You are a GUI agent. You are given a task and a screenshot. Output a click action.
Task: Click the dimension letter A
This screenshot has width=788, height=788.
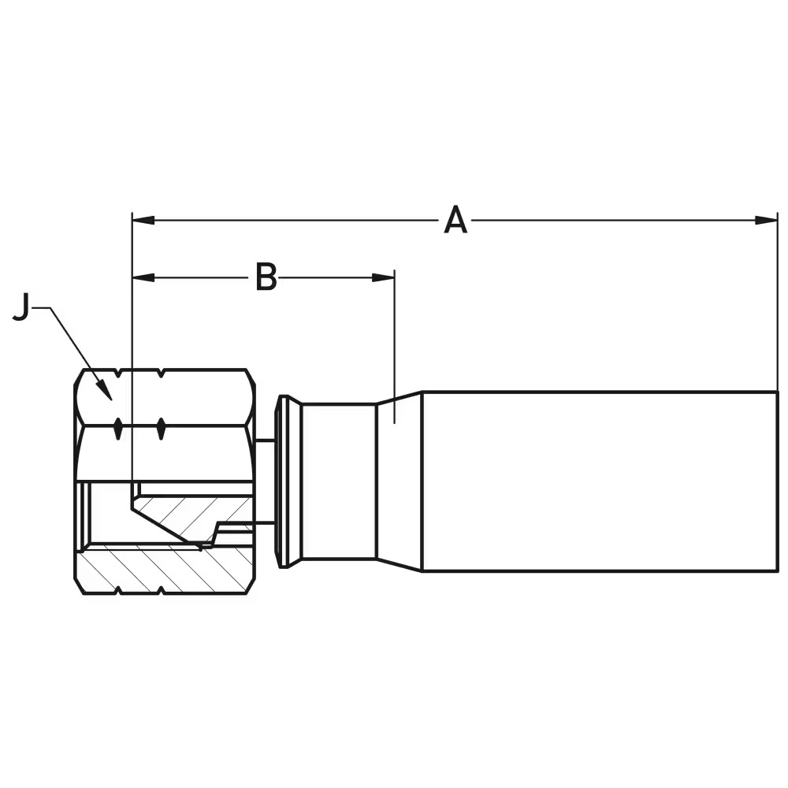455,221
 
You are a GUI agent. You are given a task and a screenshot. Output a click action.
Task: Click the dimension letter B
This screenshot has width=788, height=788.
266,277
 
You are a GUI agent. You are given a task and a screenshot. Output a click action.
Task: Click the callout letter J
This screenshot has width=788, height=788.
21,308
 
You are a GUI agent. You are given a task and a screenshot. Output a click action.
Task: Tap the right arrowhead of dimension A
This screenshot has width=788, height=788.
768,220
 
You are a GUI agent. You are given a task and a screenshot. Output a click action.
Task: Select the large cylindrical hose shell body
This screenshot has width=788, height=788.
599,481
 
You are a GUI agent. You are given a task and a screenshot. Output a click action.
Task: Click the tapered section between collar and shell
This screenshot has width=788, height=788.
399,481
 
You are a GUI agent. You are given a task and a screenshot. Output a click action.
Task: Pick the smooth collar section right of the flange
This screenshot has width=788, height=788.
339,481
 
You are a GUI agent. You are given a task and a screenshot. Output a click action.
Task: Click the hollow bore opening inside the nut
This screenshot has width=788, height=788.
106,512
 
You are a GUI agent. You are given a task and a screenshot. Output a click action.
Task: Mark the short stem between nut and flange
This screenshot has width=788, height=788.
266,481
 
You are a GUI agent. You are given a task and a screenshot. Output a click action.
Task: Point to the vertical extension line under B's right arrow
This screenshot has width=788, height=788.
394,347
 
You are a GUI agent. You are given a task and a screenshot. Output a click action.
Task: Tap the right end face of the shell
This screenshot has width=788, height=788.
777,481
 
